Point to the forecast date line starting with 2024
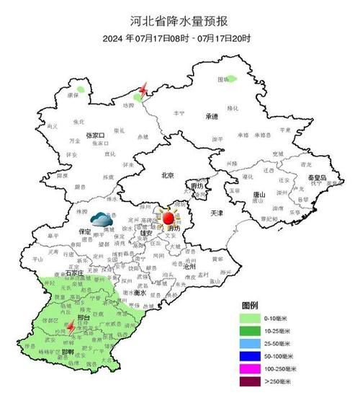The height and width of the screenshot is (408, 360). (179, 38)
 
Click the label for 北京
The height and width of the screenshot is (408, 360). (168, 174)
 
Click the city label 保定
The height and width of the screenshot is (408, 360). (83, 232)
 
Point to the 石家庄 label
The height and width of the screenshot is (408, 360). (73, 273)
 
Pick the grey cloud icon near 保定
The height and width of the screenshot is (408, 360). (100, 218)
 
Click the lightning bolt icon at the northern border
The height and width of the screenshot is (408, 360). (143, 89)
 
